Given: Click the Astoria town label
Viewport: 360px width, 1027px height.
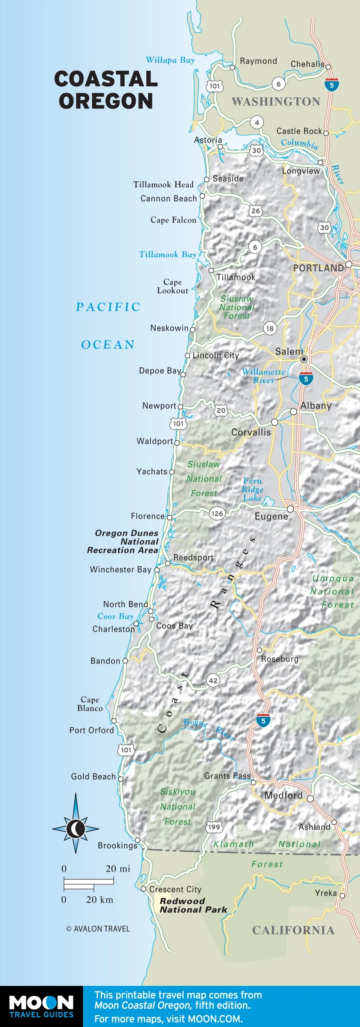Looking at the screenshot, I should point(208,140).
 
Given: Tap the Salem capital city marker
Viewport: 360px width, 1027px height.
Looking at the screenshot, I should point(304,359).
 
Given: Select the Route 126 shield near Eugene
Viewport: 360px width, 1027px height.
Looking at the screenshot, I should point(217,513).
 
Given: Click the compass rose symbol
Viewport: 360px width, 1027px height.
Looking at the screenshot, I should point(76,829).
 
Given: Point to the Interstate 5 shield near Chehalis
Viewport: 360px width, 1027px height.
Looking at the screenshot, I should point(332,85).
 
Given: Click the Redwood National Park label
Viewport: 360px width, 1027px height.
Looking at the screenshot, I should point(193,905).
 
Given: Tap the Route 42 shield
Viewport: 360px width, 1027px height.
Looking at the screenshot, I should point(213,680).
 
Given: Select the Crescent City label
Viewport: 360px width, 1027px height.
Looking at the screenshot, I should point(175,889).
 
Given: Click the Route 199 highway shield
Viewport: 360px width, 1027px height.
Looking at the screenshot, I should point(214,827).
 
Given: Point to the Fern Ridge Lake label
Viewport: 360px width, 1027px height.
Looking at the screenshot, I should point(252,489).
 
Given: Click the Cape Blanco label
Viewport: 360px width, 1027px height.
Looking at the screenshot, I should point(90,703).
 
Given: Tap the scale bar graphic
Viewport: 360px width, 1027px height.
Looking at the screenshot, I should point(88,884).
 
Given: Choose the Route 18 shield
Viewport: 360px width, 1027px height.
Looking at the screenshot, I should point(270,328).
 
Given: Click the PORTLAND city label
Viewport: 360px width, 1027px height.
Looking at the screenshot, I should point(318,268).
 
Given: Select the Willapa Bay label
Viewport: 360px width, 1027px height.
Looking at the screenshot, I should point(170,60).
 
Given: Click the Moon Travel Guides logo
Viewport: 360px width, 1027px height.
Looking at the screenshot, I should point(41,1006).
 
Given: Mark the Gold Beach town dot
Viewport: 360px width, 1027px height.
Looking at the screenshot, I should point(121,779).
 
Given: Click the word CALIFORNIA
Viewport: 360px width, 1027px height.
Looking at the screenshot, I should point(293,930).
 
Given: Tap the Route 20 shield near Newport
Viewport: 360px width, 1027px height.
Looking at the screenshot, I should point(221,410).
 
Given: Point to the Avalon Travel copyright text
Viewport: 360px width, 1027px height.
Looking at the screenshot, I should point(98,929).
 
